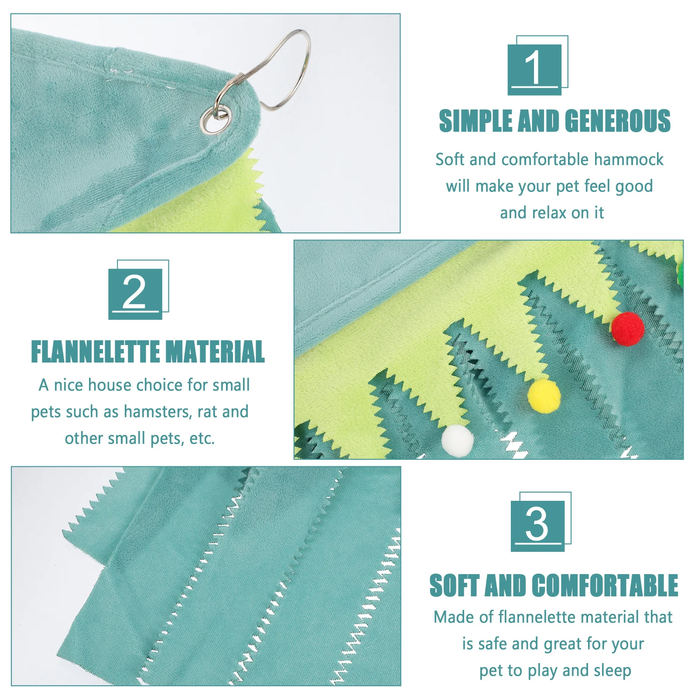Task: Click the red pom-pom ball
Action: coord(627,329)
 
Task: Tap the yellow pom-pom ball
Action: coord(544,395)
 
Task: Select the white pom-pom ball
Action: coord(457,441)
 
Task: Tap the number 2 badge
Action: coord(135,293)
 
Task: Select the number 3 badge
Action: coord(537,525)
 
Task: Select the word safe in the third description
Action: coord(493,644)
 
